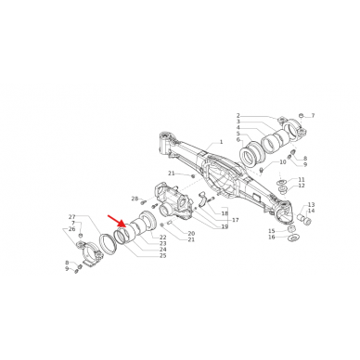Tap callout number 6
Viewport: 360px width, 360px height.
click(238, 140)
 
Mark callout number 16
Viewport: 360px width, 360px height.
click(271, 238)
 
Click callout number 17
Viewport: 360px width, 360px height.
click(235, 220)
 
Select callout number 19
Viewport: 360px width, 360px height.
click(224, 227)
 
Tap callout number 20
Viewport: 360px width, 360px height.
click(190, 233)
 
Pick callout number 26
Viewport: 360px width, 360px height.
click(71, 228)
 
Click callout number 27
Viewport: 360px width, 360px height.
click(71, 216)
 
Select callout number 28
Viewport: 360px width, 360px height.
click(134, 199)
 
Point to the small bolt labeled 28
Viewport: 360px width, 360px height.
click(146, 199)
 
